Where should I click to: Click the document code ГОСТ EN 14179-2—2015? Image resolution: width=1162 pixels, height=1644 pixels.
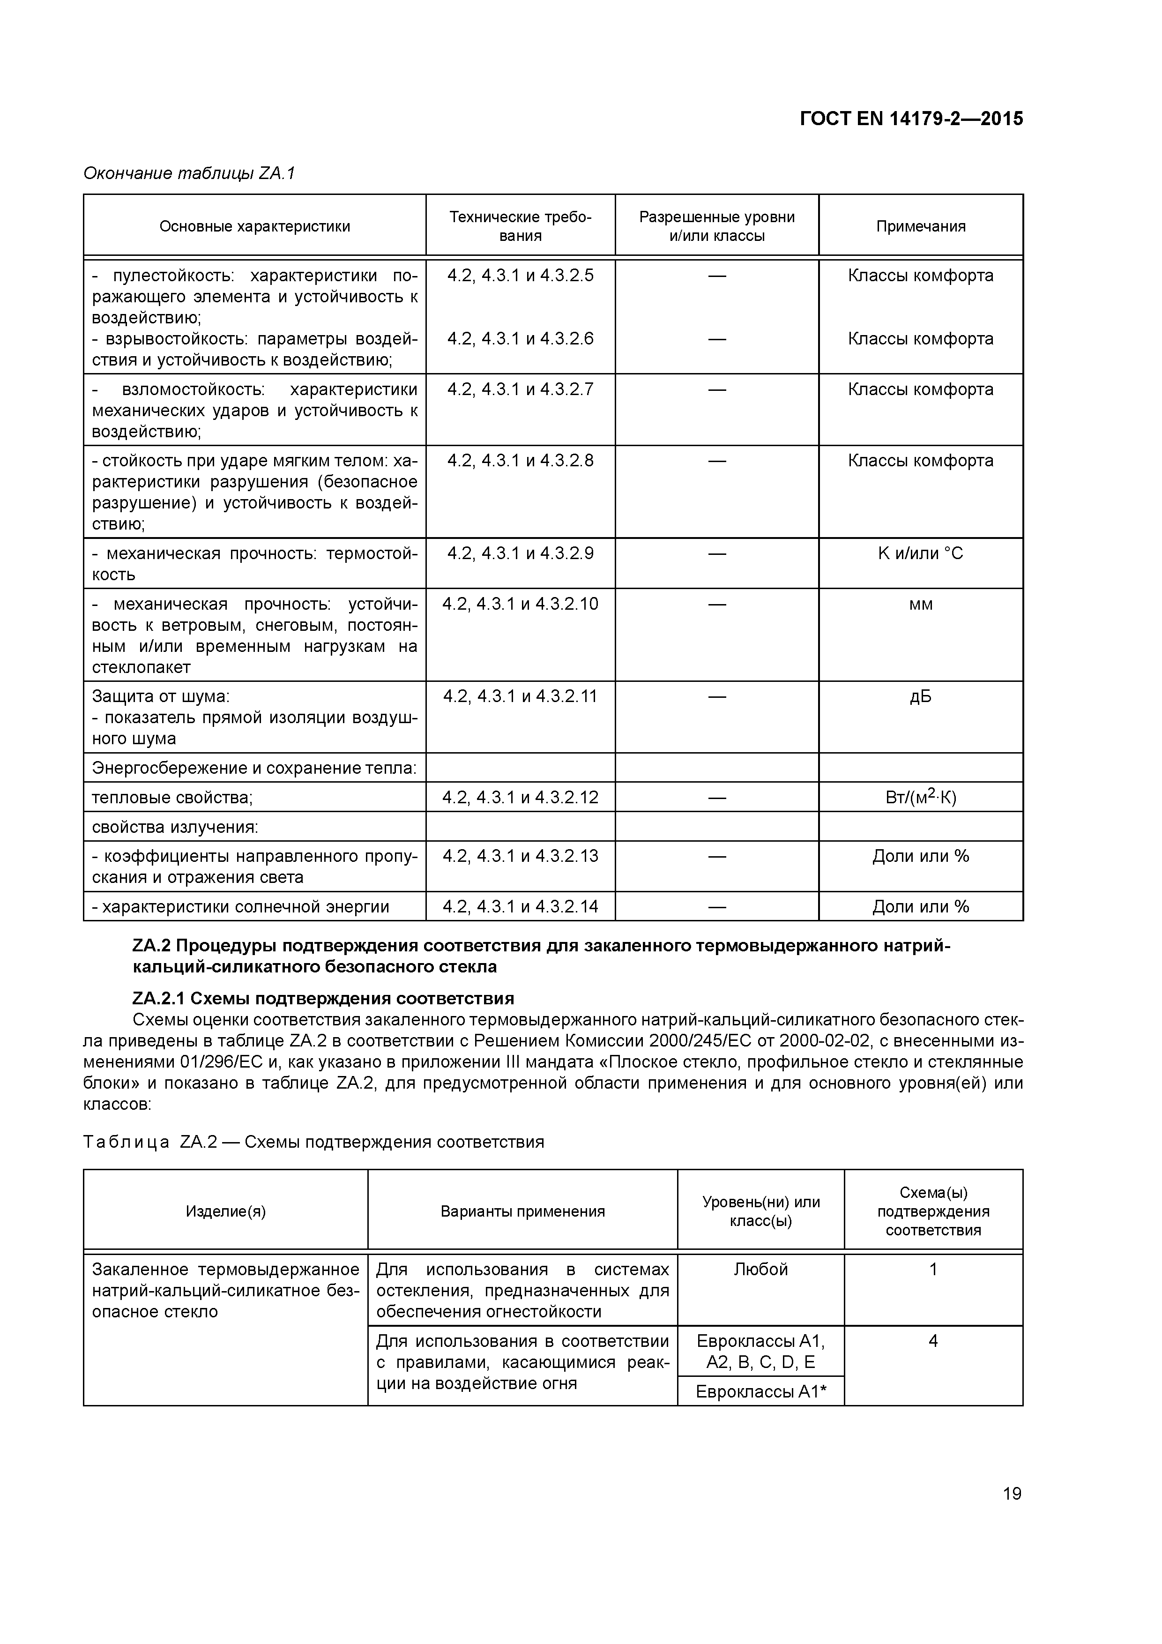pyautogui.click(x=911, y=119)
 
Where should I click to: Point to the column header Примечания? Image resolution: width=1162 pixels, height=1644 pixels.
pyautogui.click(x=920, y=227)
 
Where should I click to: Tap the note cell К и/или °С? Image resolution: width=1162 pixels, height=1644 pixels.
pyautogui.click(x=920, y=553)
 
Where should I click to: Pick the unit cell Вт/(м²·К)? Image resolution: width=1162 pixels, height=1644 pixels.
pyautogui.click(x=920, y=797)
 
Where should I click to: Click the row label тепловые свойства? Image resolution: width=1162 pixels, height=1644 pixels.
pyautogui.click(x=172, y=798)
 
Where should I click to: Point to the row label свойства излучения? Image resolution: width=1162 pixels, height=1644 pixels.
pyautogui.click(x=175, y=827)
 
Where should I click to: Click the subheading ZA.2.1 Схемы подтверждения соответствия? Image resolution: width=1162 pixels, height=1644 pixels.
pyautogui.click(x=324, y=998)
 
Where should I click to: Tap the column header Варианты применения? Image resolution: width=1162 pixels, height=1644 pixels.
pyautogui.click(x=522, y=1211)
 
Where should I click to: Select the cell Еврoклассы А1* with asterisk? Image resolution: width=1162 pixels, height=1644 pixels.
pyautogui.click(x=760, y=1392)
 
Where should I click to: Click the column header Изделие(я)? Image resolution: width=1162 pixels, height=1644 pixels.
pyautogui.click(x=225, y=1211)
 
